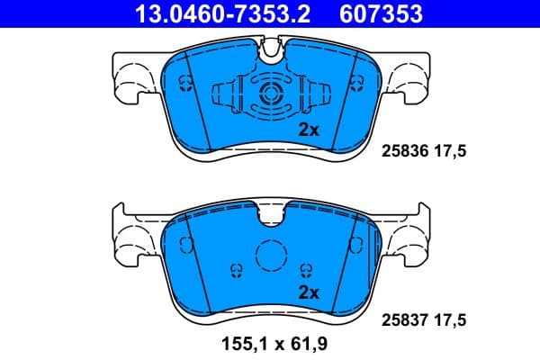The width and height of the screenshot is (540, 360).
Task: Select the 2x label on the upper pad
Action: (309, 130)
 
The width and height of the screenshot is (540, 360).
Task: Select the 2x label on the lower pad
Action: (309, 292)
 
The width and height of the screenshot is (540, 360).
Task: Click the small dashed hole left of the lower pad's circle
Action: (236, 269)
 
